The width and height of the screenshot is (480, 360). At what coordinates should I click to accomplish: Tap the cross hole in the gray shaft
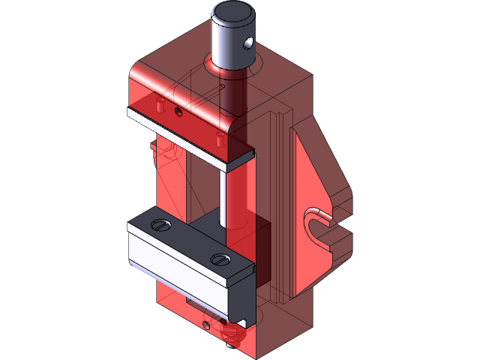pos(247,44)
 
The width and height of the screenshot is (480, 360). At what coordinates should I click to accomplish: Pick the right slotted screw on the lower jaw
pos(220,259)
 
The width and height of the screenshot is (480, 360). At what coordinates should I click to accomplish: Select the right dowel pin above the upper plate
pos(218,139)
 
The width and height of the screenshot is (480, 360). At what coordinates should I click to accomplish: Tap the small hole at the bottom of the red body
pos(206,325)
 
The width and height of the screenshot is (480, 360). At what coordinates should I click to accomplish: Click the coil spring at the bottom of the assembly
pos(231,334)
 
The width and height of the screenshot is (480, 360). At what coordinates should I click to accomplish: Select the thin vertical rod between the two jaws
pos(223,195)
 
